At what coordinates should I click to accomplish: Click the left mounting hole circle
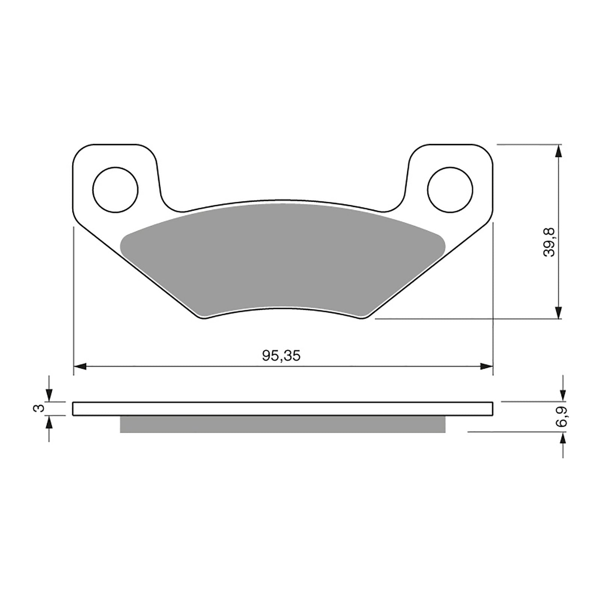tap(116, 189)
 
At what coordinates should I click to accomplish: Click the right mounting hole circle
tap(450, 189)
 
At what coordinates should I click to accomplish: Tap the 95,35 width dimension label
tap(281, 356)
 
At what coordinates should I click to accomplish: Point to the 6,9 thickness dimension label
tap(562, 417)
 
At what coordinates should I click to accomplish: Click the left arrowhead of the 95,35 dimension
tap(80, 366)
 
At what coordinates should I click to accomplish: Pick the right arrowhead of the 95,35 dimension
tap(486, 366)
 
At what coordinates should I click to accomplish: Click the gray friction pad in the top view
tap(282, 259)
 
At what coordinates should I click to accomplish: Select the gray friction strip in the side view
tap(282, 424)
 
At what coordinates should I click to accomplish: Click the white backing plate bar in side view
tap(282, 409)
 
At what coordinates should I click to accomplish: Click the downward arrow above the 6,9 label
tap(562, 394)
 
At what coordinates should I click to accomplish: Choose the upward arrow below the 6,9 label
tap(562, 439)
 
